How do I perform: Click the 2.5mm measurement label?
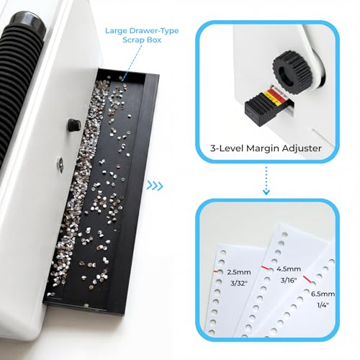pyautogui.click(x=239, y=272)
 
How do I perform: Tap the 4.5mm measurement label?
pyautogui.click(x=289, y=269)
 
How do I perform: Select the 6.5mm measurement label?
pyautogui.click(x=323, y=294)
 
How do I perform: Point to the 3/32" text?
pyautogui.click(x=239, y=283)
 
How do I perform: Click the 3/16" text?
pyautogui.click(x=289, y=280)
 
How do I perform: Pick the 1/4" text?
pyautogui.click(x=323, y=305)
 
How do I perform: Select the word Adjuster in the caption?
pyautogui.click(x=302, y=148)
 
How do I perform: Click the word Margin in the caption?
pyautogui.click(x=263, y=149)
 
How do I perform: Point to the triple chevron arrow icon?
pyautogui.click(x=155, y=186)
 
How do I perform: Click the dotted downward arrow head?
pyautogui.click(x=266, y=192)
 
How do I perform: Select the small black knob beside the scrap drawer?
pyautogui.click(x=73, y=125)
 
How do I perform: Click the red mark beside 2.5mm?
pyautogui.click(x=215, y=271)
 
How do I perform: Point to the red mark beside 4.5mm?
pyautogui.click(x=266, y=268)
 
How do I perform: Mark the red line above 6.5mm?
pyautogui.click(x=307, y=279)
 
